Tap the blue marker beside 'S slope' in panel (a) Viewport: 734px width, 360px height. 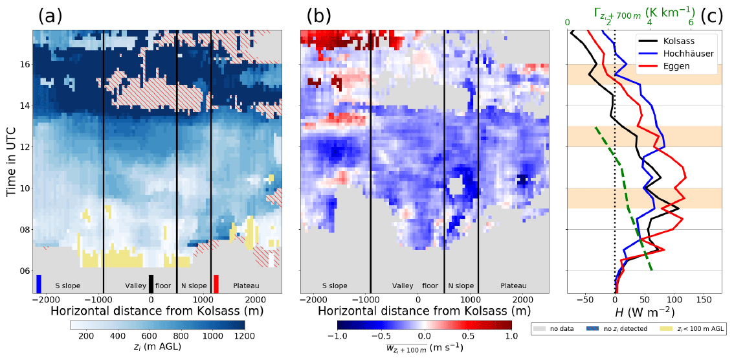[x=39, y=284]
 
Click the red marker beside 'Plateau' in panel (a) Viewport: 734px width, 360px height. [x=216, y=284]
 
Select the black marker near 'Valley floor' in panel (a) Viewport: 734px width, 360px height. [x=151, y=284]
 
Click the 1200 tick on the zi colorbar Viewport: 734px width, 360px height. [x=244, y=337]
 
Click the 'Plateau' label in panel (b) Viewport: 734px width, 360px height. [x=513, y=286]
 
